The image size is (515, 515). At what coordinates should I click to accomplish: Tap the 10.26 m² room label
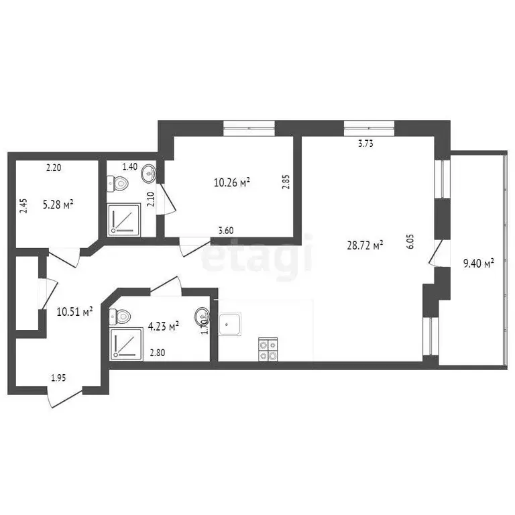pos(232,182)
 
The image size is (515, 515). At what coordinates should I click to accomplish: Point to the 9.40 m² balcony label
pos(479,263)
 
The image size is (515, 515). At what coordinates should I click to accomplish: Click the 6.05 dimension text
pos(410,241)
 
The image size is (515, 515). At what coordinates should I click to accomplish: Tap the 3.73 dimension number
pos(365,143)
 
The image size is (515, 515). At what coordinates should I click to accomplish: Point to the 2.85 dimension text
pos(286,182)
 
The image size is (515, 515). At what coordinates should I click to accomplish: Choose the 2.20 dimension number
pos(54,168)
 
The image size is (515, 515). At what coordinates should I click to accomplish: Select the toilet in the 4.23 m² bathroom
pos(121,315)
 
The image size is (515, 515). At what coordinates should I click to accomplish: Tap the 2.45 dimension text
pos(23,205)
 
